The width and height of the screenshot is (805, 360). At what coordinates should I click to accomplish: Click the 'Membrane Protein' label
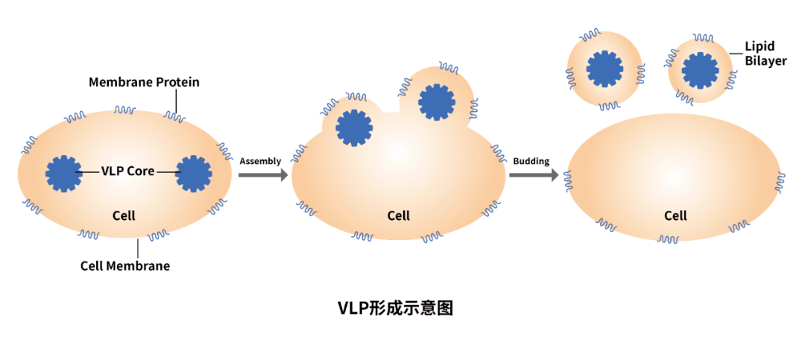pos(144,82)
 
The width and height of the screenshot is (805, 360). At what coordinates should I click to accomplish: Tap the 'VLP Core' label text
pos(128,171)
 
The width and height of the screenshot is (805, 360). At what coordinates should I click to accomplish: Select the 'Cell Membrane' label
pos(125,266)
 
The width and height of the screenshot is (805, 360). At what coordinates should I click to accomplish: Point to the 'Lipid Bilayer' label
pos(765,54)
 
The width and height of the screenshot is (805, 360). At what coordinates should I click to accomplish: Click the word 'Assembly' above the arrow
pos(260,161)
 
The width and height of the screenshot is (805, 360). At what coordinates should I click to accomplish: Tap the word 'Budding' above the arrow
pos(531,161)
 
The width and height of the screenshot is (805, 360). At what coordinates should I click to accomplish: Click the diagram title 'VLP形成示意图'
pos(395,308)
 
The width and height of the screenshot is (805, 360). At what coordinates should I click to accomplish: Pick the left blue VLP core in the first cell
pos(64,174)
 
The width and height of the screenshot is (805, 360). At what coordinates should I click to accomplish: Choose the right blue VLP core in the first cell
pos(194,174)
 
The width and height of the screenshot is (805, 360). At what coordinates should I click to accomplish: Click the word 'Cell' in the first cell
pos(124,215)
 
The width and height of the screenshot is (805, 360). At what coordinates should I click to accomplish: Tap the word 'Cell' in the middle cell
pos(399,215)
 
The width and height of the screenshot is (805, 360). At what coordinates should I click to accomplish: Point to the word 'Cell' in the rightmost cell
pos(675,215)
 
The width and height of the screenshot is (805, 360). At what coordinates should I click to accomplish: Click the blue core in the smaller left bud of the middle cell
pos(354,127)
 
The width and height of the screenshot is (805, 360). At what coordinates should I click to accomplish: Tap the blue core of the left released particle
pos(604,69)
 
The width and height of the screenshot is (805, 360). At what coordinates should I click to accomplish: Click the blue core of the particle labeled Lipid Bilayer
pos(700,69)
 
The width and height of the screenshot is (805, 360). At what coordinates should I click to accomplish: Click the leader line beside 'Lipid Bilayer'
pos(735,53)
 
